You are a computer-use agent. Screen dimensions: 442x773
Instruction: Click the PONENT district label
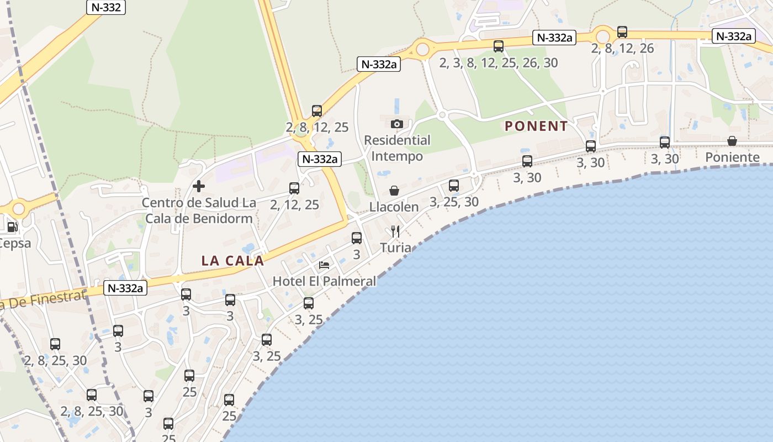(x=536, y=126)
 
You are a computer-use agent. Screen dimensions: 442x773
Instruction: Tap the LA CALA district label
(x=232, y=261)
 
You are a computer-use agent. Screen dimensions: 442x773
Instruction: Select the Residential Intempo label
(x=397, y=148)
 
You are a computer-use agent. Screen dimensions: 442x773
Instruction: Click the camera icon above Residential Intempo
(x=397, y=124)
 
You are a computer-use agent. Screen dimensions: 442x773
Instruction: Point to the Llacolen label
(x=394, y=207)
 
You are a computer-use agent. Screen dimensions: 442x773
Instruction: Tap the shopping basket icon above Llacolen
(x=394, y=191)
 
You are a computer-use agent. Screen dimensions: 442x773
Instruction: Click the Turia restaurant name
(x=395, y=248)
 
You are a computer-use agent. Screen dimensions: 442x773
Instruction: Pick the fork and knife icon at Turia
(x=395, y=231)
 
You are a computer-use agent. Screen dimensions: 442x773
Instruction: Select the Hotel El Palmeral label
(x=324, y=281)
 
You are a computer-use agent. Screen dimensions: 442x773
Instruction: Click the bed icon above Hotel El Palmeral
(x=324, y=265)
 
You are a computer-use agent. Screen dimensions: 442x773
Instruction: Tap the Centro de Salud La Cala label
(x=199, y=211)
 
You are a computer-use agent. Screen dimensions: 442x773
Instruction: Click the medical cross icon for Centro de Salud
(x=199, y=186)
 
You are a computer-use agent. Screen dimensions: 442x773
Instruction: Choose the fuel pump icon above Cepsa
(x=12, y=227)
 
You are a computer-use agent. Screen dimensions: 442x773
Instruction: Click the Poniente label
(x=732, y=157)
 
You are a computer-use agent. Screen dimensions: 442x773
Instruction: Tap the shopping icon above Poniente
(x=732, y=141)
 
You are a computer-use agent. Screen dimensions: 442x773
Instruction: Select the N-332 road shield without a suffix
(x=106, y=7)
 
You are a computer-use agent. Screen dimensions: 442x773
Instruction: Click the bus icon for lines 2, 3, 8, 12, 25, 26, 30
(x=499, y=46)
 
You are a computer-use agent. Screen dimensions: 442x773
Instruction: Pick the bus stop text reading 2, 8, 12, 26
(x=622, y=49)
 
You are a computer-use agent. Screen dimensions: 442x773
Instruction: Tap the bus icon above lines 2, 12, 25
(x=294, y=188)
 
